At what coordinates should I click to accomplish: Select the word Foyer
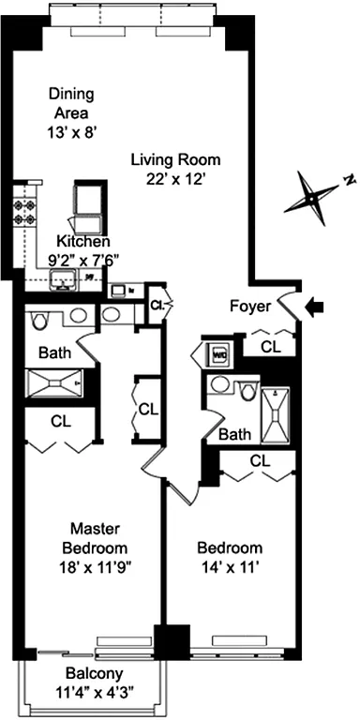coord(249,306)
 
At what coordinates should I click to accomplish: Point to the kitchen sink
coord(66,280)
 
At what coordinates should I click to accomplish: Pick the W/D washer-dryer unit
coord(218,356)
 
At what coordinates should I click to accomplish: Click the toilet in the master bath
coord(38,322)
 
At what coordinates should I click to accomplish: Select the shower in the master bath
coord(55,383)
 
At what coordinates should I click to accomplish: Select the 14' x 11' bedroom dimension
coord(228,566)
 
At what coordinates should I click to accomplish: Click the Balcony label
coord(91,673)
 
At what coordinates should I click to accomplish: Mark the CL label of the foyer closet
coord(270,346)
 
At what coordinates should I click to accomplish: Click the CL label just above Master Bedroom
coord(61,422)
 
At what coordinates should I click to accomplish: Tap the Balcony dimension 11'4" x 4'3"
coord(91,695)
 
